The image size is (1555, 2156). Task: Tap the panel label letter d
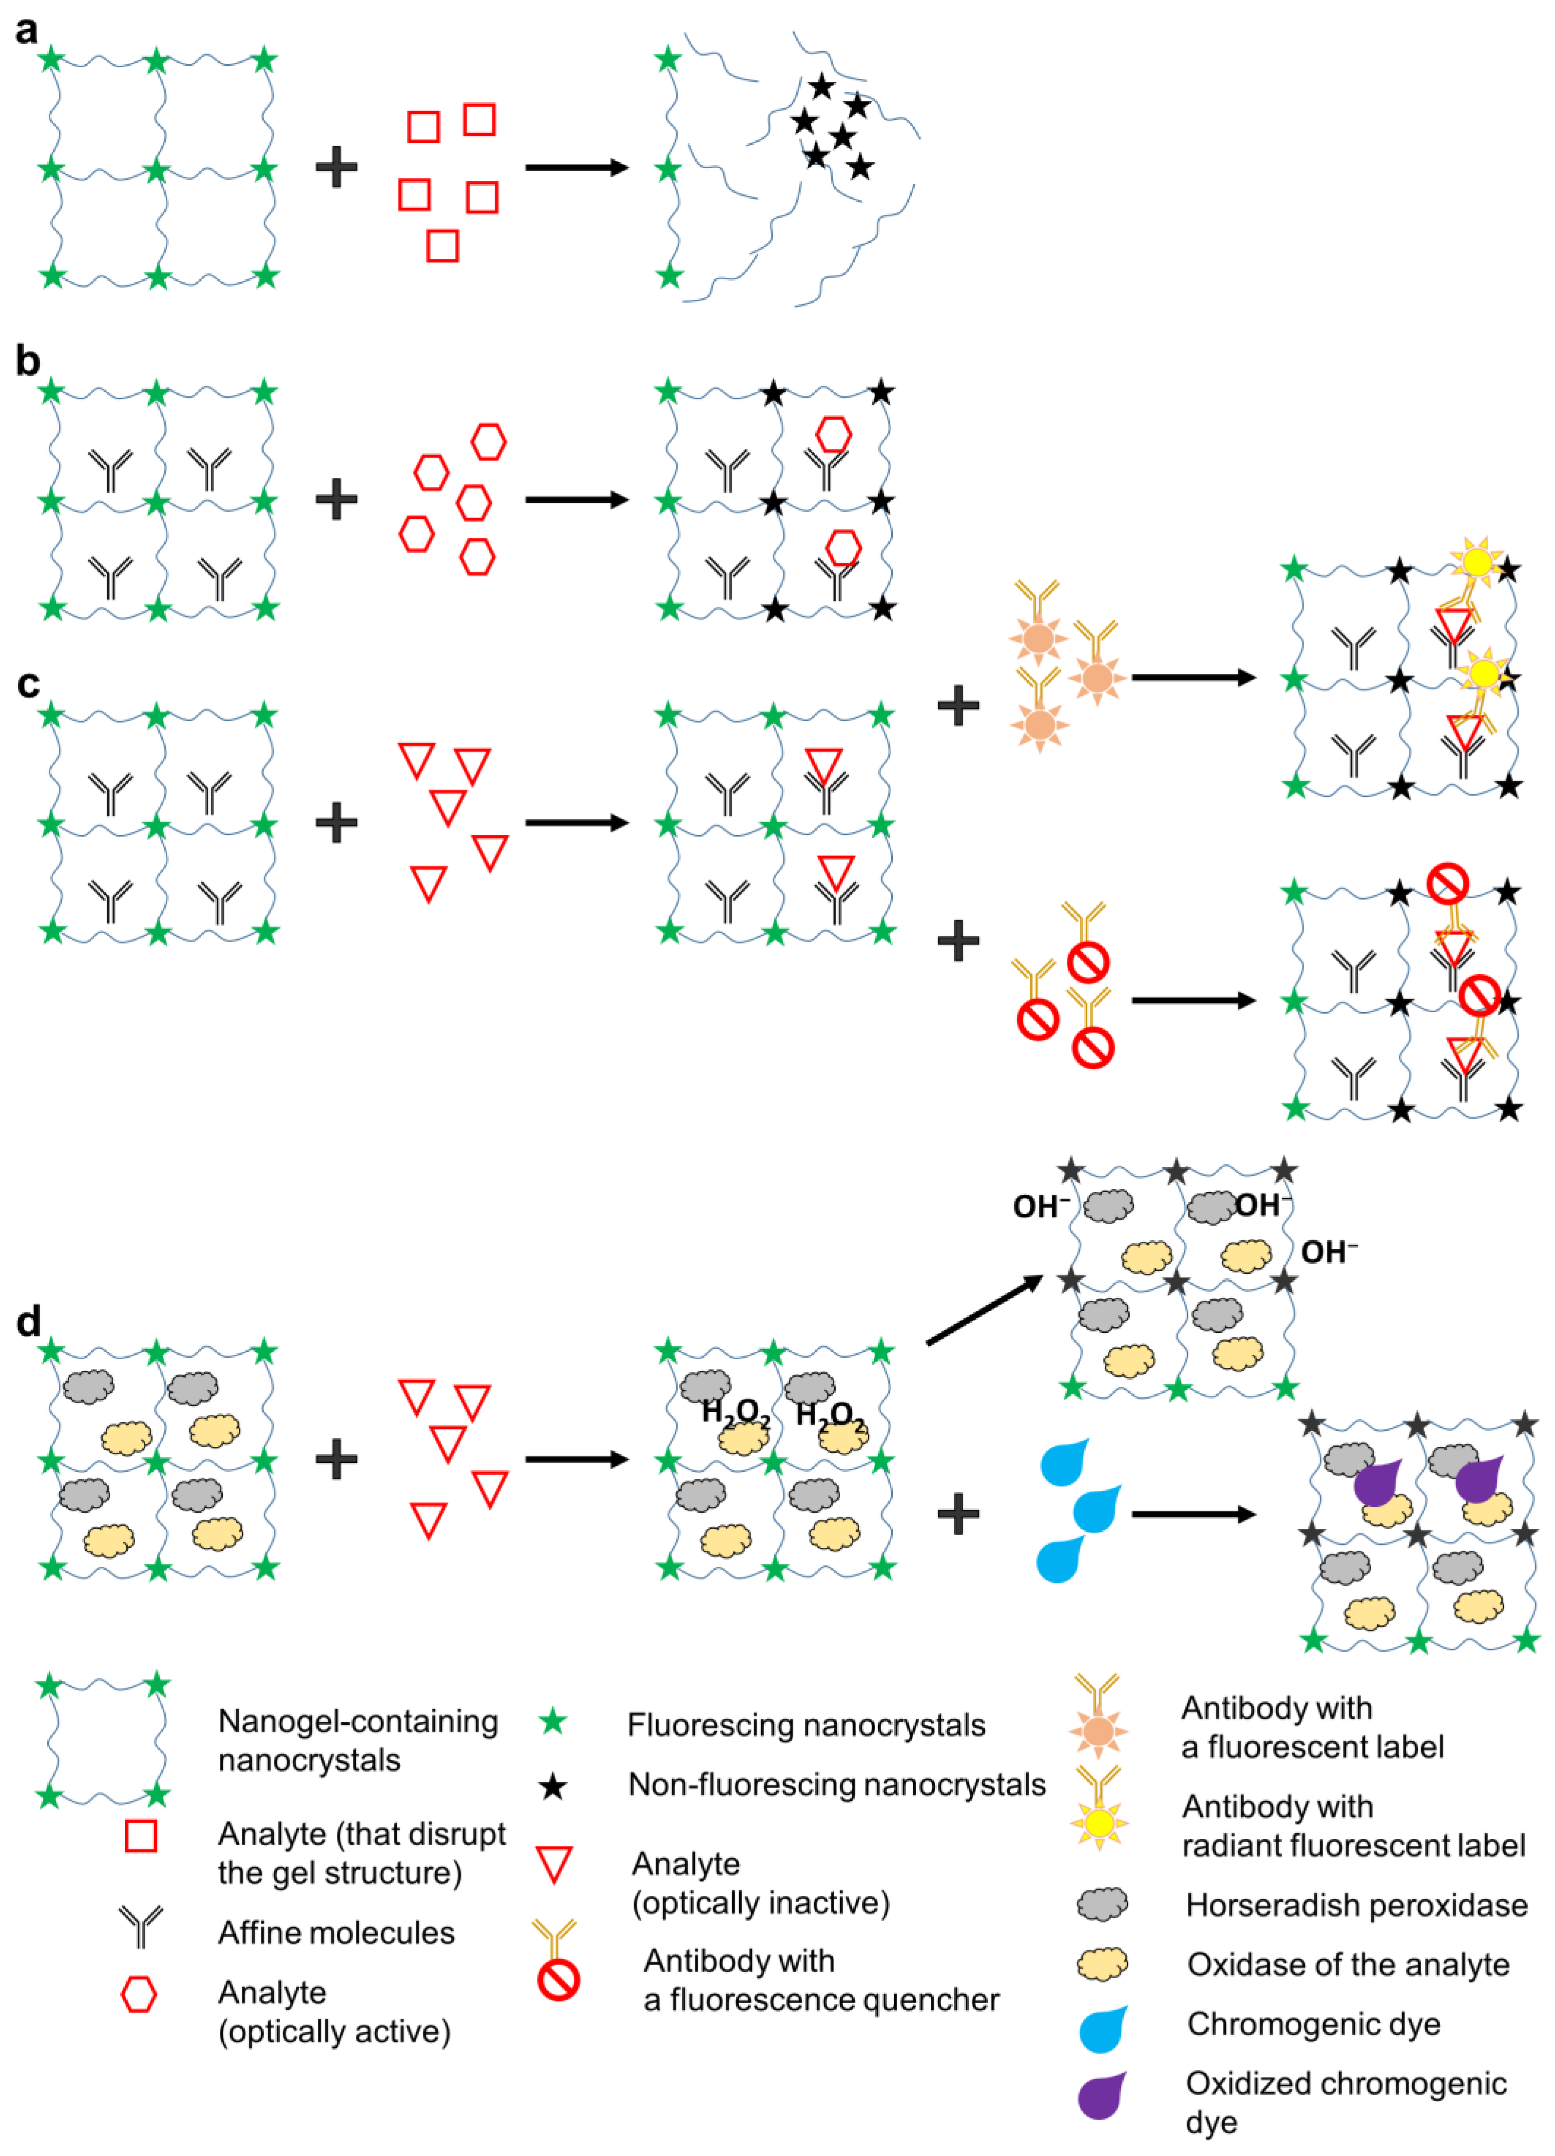click(x=29, y=1321)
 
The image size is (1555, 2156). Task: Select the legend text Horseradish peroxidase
click(x=1356, y=1905)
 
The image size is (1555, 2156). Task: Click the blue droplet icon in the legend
click(x=1103, y=2028)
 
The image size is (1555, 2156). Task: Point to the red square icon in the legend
click(x=141, y=1836)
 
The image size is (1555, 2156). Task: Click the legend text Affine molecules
click(x=336, y=1933)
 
